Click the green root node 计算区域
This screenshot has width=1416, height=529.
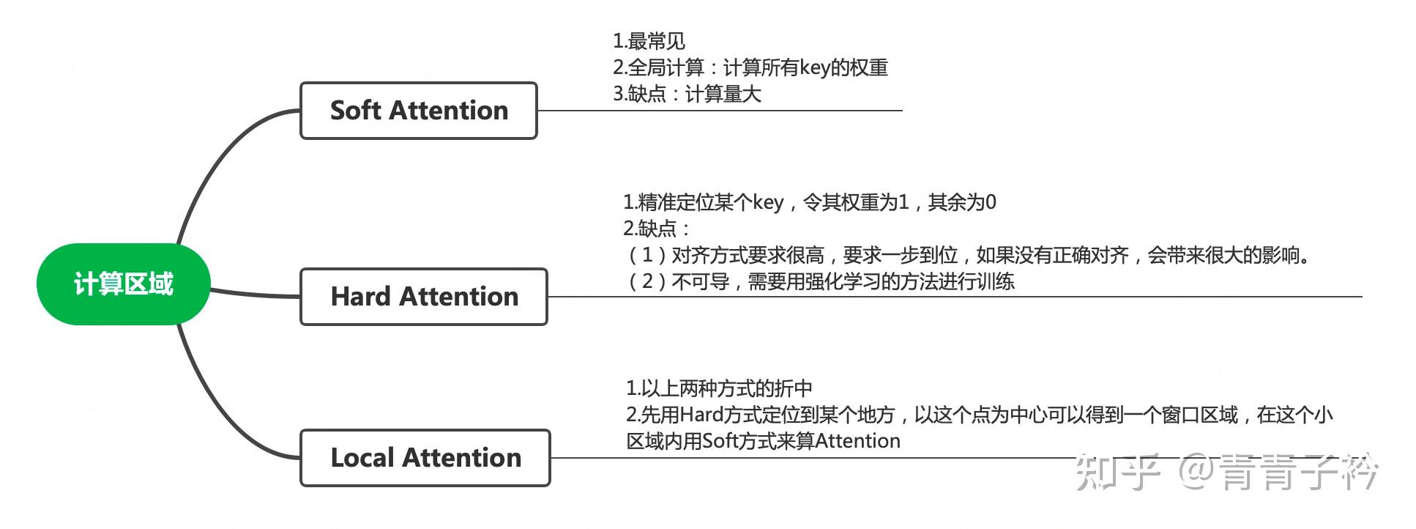(x=123, y=284)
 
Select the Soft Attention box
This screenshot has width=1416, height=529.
(x=418, y=111)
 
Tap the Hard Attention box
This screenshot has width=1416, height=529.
(x=423, y=297)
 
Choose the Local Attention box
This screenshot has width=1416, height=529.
(x=425, y=458)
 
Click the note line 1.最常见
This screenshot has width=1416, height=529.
(x=649, y=41)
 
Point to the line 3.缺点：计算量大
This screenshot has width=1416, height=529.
(x=687, y=94)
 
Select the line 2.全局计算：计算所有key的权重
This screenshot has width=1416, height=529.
(x=750, y=68)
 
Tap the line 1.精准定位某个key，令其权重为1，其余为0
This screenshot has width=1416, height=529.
(x=809, y=202)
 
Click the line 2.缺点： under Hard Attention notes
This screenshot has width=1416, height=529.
(x=656, y=229)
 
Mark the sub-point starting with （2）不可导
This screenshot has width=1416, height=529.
(x=820, y=281)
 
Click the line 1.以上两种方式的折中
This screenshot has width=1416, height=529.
(x=718, y=388)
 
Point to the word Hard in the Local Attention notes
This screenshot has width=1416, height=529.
(x=701, y=415)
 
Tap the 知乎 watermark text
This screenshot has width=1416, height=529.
(x=1117, y=473)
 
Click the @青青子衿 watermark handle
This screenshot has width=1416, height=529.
(x=1278, y=473)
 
